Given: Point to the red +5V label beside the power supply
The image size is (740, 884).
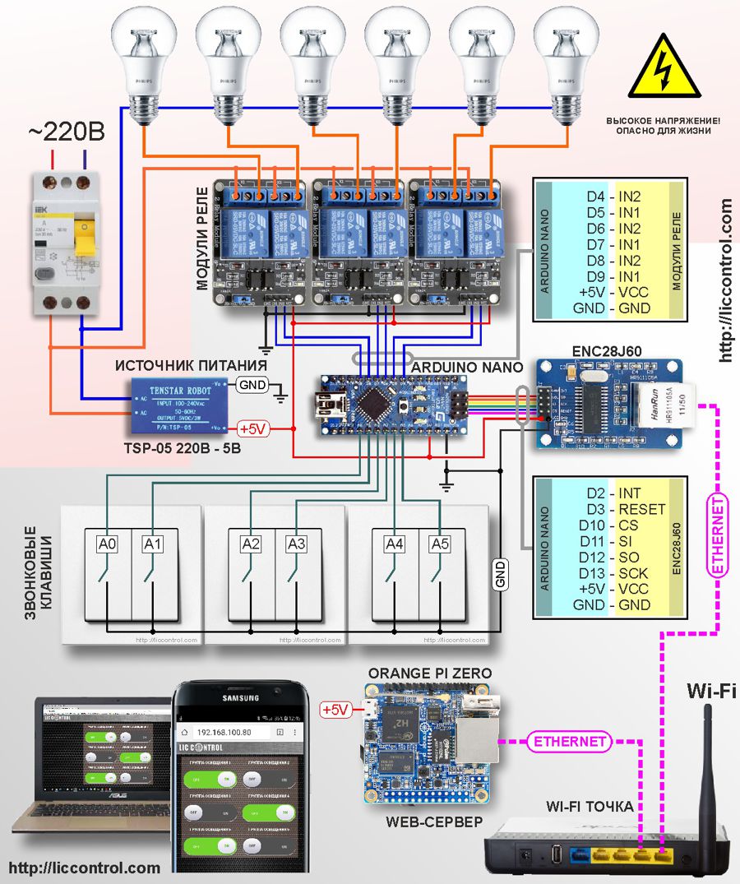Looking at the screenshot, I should pyautogui.click(x=254, y=428).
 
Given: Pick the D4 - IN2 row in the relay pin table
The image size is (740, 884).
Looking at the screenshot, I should pyautogui.click(x=613, y=197).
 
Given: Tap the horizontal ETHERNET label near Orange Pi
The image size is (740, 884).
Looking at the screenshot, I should pyautogui.click(x=570, y=741).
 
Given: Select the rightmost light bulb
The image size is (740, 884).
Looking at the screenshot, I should pyautogui.click(x=566, y=62).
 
